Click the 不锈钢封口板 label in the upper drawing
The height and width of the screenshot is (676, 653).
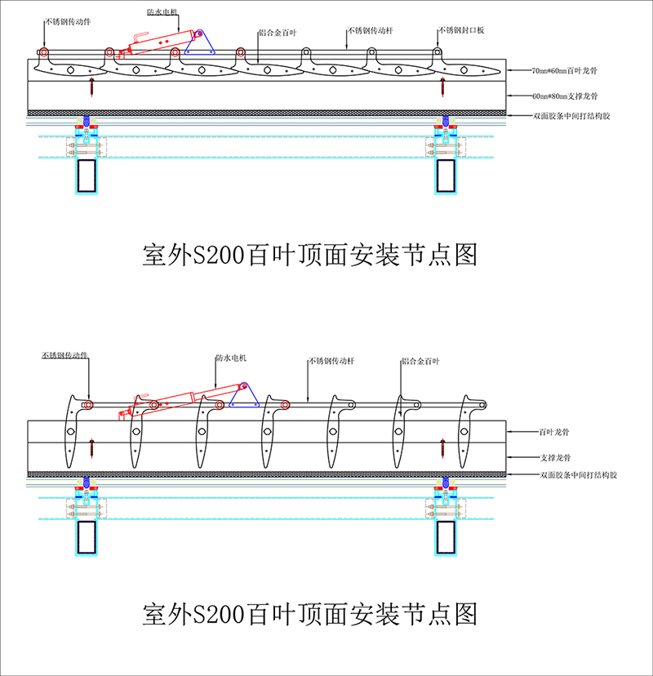point(461,30)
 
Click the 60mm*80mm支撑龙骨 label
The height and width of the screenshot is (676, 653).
point(565,95)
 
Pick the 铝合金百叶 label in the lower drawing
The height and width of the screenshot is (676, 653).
point(421,359)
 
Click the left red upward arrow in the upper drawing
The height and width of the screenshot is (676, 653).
point(92,84)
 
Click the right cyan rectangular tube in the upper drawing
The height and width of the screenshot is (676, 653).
point(445,176)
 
